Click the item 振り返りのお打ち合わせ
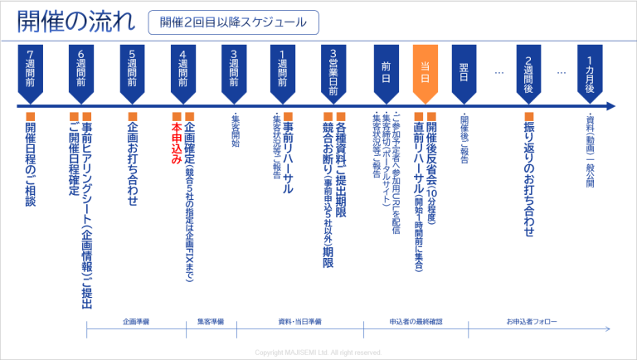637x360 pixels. [529, 179]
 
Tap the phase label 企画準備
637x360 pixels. [136, 319]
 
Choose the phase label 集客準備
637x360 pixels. [210, 319]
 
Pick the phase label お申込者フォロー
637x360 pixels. [532, 319]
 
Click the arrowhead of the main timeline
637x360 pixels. [610, 106]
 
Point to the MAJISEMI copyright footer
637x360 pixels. [318, 353]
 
